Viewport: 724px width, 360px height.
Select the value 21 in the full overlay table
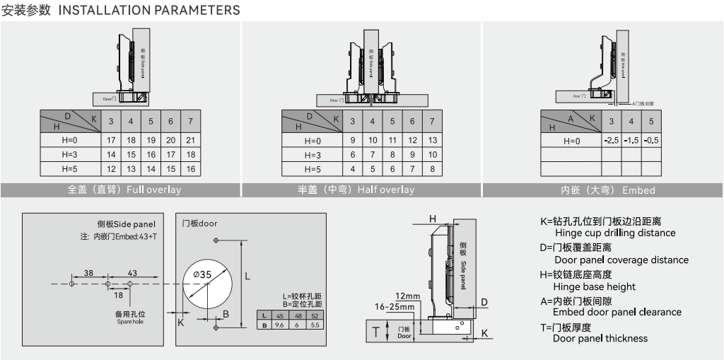(190, 140)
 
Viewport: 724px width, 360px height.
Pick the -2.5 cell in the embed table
(612, 141)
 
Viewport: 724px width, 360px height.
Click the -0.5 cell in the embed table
(651, 141)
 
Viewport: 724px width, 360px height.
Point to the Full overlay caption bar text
(124, 190)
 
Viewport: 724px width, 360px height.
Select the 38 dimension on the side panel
(89, 273)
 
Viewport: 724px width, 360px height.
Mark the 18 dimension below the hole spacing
(119, 295)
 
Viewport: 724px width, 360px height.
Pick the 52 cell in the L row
(315, 315)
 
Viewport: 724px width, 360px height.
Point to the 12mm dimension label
(407, 296)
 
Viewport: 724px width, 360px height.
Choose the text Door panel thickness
(600, 338)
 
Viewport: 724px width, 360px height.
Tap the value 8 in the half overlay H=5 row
(432, 170)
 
